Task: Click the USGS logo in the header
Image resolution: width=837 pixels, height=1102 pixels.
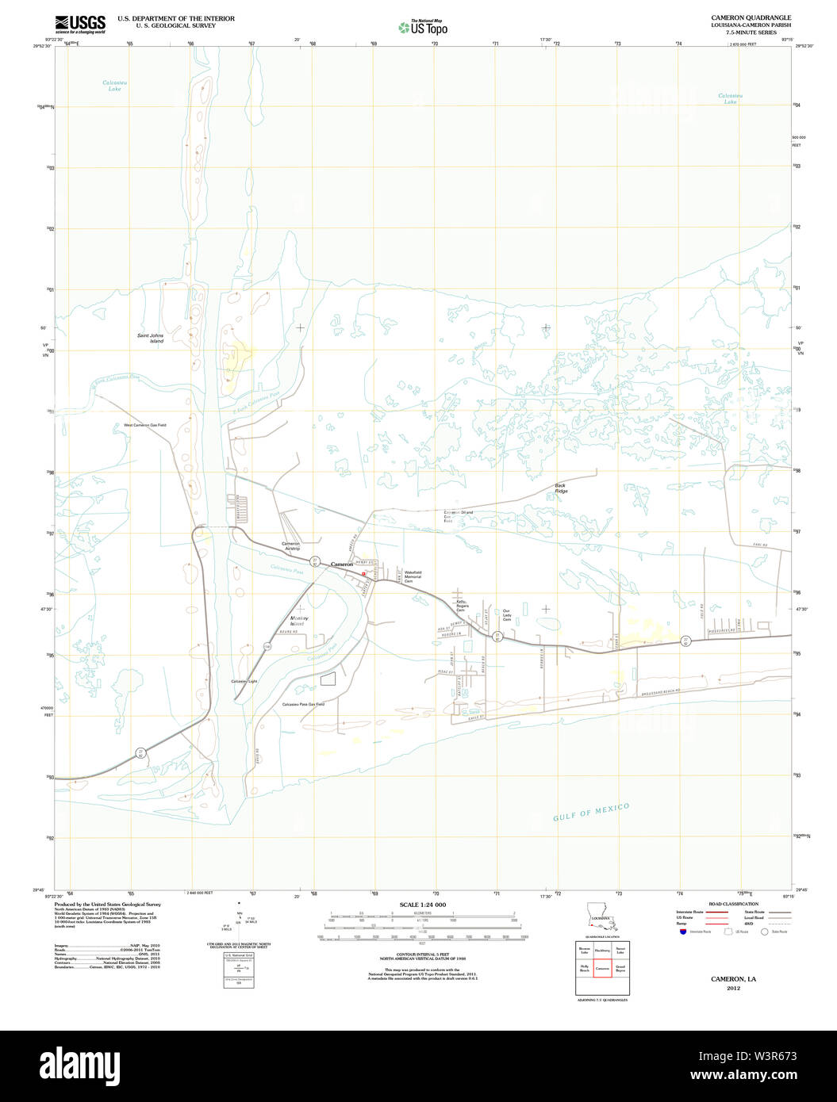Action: [80, 24]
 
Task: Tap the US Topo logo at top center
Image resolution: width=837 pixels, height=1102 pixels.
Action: [424, 28]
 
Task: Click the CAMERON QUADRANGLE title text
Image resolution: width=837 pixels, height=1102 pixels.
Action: [740, 17]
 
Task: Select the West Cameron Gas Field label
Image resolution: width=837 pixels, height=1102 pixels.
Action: [144, 426]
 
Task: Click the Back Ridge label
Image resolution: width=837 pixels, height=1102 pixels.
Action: [561, 488]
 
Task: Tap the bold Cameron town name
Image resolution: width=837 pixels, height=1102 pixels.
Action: [341, 564]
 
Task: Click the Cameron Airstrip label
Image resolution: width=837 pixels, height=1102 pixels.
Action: [291, 546]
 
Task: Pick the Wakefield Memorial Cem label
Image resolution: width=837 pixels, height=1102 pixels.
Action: [413, 577]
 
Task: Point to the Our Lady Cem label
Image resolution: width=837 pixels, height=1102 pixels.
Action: [506, 615]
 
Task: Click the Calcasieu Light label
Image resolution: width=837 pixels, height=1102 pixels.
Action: [244, 682]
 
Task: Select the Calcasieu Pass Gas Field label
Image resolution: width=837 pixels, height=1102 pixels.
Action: [304, 704]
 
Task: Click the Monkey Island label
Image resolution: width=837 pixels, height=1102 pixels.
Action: [299, 621]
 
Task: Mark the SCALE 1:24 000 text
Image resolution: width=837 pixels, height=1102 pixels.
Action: [422, 905]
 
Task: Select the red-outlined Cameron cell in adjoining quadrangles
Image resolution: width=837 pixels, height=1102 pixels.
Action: [602, 969]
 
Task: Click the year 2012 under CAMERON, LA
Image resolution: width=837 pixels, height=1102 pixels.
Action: [733, 989]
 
